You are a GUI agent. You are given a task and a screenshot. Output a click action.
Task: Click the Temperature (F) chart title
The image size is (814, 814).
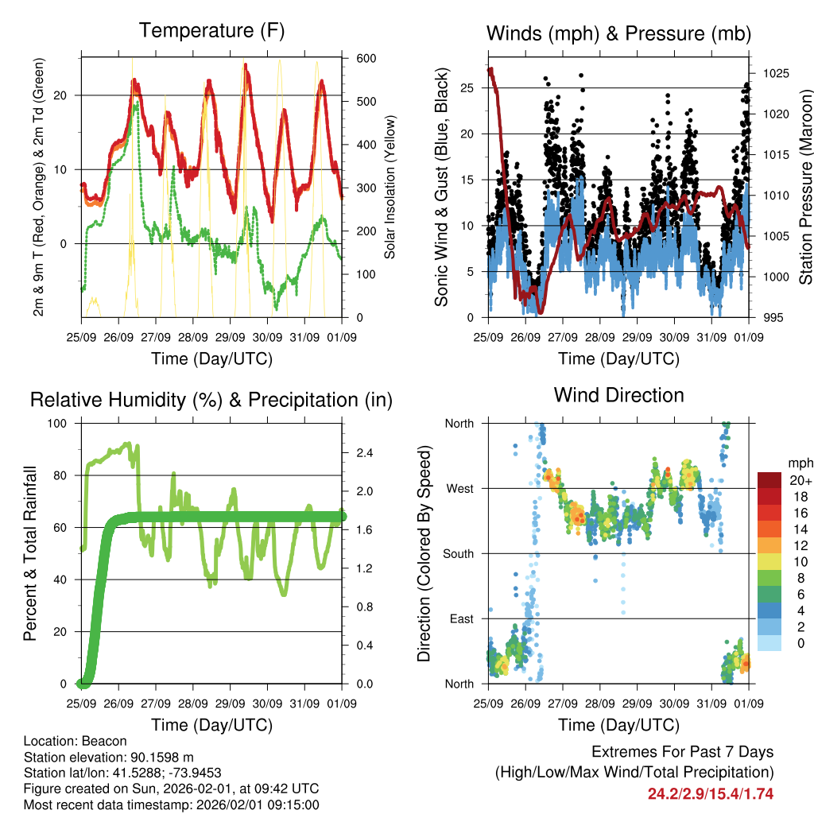[x=211, y=31]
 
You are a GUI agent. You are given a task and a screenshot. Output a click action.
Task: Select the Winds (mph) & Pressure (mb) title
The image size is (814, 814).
[x=618, y=33]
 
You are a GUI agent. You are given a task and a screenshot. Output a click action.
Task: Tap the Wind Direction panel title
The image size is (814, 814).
[x=618, y=395]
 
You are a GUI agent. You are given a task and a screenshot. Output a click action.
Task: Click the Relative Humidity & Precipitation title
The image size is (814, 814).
[x=211, y=400]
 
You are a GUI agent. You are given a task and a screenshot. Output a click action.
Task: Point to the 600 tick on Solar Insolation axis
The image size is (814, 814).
[x=366, y=59]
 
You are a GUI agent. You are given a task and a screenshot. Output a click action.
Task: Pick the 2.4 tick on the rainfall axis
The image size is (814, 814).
[x=364, y=453]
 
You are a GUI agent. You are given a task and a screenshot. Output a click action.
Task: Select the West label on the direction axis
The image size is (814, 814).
[x=459, y=489]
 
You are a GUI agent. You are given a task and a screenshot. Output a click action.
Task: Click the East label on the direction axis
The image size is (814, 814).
[x=461, y=619]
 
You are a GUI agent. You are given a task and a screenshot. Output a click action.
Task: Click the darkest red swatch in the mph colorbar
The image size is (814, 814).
[x=770, y=480]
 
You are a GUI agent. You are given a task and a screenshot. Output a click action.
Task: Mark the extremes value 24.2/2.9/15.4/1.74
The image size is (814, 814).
[x=711, y=793]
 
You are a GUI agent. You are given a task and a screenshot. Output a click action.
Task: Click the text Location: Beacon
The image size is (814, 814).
[x=76, y=742]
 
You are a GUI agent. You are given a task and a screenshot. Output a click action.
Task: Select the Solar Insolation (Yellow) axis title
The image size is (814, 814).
[x=390, y=188]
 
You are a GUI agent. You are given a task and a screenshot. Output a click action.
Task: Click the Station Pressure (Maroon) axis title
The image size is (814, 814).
[x=805, y=188]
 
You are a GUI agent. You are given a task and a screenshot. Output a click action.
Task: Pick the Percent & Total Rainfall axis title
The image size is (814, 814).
[x=30, y=553]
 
